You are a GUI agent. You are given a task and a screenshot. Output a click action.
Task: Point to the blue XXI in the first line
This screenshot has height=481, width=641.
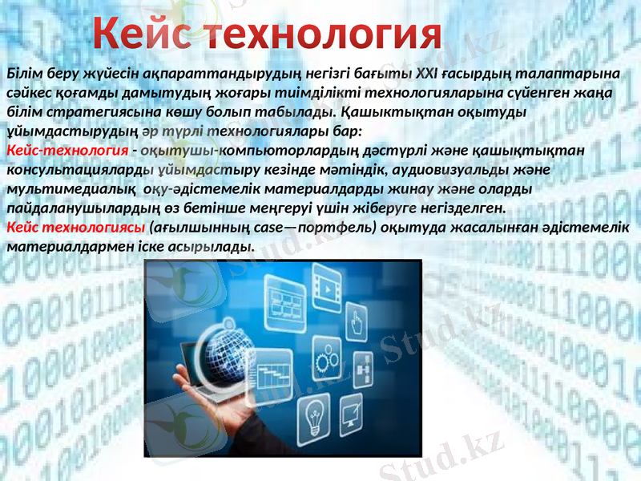(426, 75)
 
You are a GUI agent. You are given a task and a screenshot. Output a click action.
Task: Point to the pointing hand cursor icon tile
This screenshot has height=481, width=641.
(357, 323)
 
